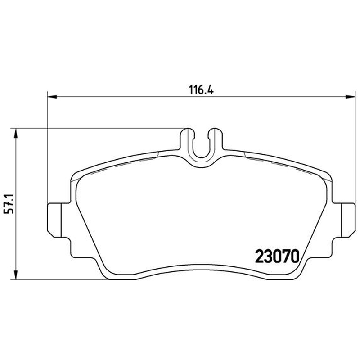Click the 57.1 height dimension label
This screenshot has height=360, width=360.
click(9, 204)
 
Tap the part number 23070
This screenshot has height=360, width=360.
click(277, 256)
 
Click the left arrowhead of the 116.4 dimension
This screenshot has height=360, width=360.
click(52, 97)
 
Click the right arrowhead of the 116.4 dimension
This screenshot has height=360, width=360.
click(351, 97)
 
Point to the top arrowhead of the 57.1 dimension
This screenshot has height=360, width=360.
click(16, 133)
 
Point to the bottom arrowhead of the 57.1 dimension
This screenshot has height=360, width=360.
click(16, 275)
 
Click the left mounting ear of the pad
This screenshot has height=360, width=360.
click(54, 220)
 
